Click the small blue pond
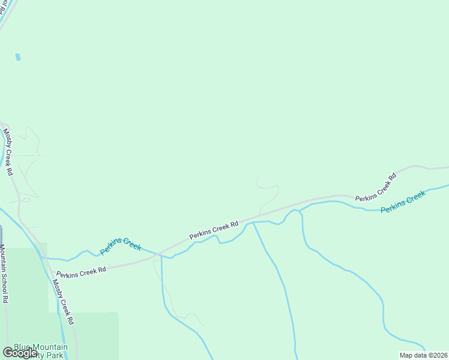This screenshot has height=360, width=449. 18,58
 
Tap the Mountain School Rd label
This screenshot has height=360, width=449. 4,274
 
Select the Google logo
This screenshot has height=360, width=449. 20,353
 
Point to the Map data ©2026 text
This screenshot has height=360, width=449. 423,355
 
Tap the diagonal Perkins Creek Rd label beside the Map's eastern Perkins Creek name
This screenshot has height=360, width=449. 376,187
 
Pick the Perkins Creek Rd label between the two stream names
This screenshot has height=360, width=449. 214,230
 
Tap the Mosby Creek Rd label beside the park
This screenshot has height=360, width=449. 64,298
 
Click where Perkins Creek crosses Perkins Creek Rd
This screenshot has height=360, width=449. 159,255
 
